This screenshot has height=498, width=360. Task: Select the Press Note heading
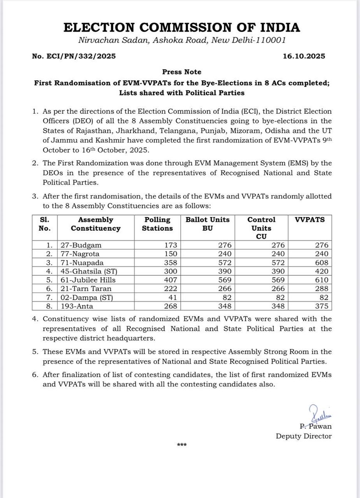pos(180,71)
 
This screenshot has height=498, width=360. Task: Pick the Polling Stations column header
pos(158,224)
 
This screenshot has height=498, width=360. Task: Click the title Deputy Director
pos(304,436)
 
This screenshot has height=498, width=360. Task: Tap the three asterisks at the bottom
pos(181,445)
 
